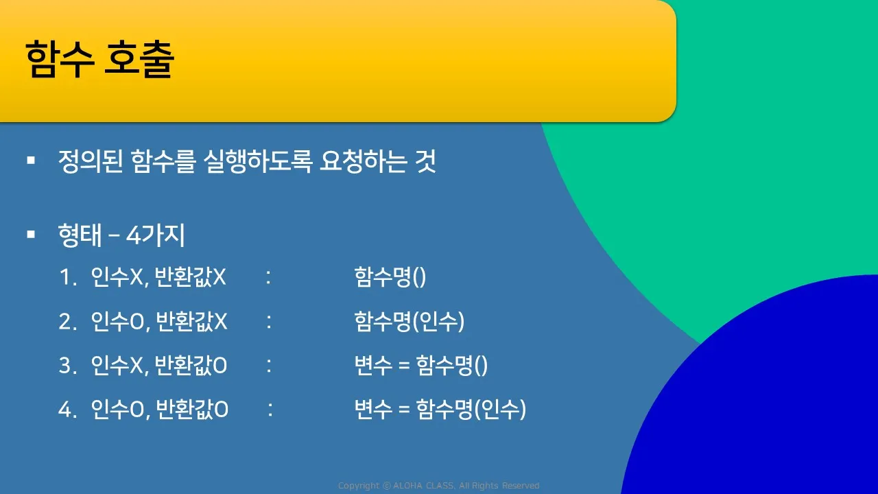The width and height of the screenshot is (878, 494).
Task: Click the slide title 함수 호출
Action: [100, 59]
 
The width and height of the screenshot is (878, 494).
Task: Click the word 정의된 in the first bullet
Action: [91, 161]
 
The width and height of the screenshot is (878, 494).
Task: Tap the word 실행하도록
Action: [258, 161]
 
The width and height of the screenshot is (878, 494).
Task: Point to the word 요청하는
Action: [363, 161]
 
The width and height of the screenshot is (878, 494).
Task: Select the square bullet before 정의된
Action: [31, 160]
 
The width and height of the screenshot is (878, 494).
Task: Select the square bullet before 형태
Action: [31, 235]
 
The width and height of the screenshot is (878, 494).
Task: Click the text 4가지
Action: [156, 235]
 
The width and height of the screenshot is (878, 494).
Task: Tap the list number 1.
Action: [67, 277]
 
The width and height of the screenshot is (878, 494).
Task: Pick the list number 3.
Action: [67, 366]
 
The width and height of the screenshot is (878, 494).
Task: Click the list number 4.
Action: [67, 410]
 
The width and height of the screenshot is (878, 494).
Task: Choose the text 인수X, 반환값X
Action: [158, 277]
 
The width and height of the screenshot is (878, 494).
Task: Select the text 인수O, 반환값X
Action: [158, 322]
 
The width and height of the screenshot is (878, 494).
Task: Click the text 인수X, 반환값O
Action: [158, 366]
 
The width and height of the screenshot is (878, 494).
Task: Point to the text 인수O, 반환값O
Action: [160, 410]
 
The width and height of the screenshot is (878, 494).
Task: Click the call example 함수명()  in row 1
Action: [390, 277]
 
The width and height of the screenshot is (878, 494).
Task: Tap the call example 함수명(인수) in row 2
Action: [410, 322]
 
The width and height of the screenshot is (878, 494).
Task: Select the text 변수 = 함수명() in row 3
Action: [421, 366]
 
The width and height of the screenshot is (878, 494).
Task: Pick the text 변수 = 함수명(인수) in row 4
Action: [440, 410]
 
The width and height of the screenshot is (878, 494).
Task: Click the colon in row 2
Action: [269, 322]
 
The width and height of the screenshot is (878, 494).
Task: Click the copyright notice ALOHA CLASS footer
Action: [438, 486]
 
